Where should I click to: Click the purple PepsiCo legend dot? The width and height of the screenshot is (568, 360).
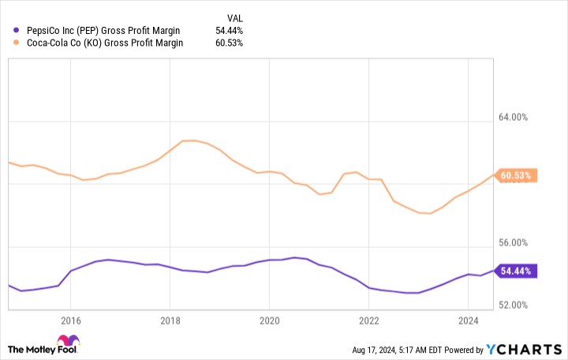tap(17, 31)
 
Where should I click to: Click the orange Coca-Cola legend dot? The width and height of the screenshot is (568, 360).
tap(17, 43)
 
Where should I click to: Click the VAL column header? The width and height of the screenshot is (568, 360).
tap(235, 16)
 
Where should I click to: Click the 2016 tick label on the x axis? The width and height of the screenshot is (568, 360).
tap(70, 321)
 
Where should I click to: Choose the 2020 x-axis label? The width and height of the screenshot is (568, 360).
tap(269, 321)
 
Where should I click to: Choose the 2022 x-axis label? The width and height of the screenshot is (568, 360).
tap(368, 321)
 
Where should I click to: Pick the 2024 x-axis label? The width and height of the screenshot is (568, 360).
tap(469, 321)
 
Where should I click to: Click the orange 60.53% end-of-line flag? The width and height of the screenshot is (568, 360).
tap(517, 175)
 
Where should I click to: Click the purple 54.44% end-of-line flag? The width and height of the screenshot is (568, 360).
tap(517, 271)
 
